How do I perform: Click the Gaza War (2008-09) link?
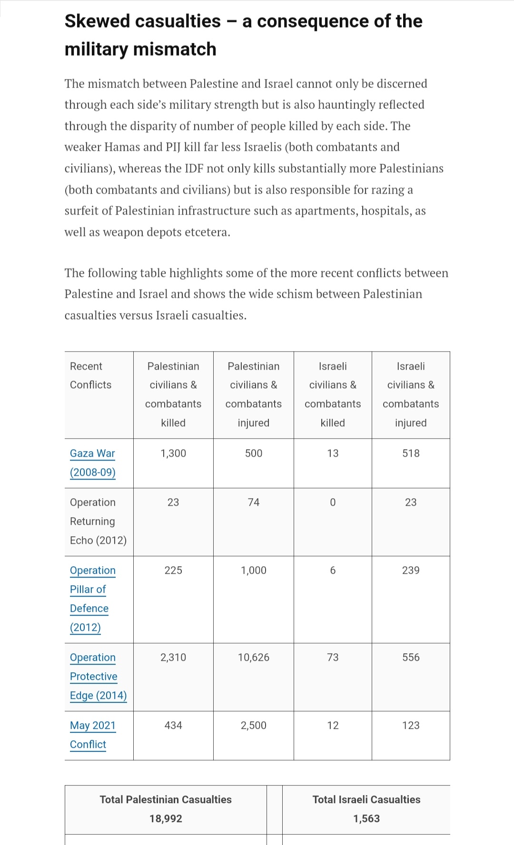click(x=92, y=462)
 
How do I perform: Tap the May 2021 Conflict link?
click(x=92, y=735)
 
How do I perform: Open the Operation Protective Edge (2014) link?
click(x=98, y=676)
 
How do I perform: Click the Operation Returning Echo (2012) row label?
click(x=98, y=521)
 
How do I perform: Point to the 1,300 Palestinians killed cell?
click(x=173, y=453)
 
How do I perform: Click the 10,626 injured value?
click(x=254, y=658)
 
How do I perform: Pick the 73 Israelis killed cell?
click(x=333, y=658)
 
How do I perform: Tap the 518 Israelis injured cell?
click(x=411, y=453)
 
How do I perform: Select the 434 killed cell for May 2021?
click(x=173, y=726)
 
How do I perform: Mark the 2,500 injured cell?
click(x=254, y=726)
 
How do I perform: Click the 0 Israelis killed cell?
click(x=333, y=502)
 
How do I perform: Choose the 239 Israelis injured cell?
click(x=411, y=570)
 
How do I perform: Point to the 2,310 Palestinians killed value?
click(x=173, y=658)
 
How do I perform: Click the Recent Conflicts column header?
click(x=90, y=375)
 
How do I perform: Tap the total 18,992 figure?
click(x=166, y=819)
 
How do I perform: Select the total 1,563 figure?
click(x=366, y=819)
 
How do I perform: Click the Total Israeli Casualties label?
click(x=366, y=800)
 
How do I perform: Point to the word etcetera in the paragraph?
click(x=207, y=233)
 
